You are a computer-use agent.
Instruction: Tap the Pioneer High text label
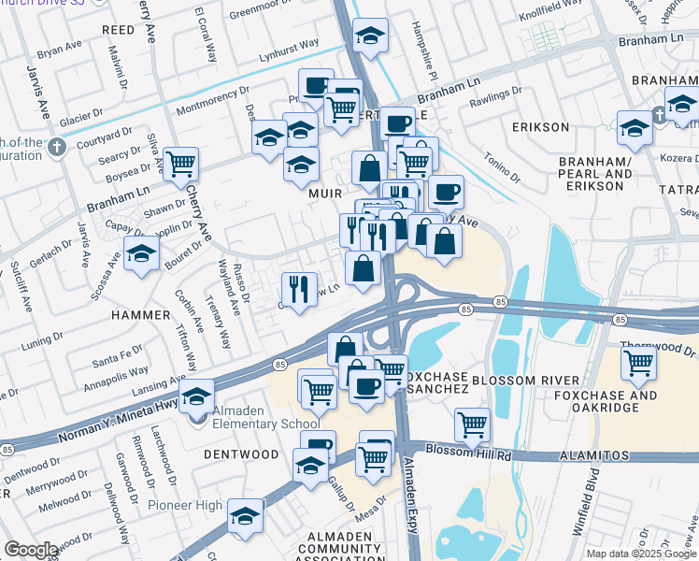185,506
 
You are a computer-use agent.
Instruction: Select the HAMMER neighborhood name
140,315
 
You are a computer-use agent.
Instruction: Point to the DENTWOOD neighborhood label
240,453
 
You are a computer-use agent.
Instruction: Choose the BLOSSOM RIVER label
526,381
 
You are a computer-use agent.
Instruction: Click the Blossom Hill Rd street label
468,451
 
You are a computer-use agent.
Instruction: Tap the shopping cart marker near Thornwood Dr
638,362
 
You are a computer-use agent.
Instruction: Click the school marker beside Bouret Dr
142,253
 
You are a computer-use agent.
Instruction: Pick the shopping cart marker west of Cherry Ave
180,165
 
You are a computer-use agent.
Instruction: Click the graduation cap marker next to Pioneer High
246,514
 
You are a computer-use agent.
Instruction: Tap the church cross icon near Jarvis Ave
57,147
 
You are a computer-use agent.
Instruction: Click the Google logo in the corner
31,550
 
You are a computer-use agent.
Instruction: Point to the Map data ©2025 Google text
641,554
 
